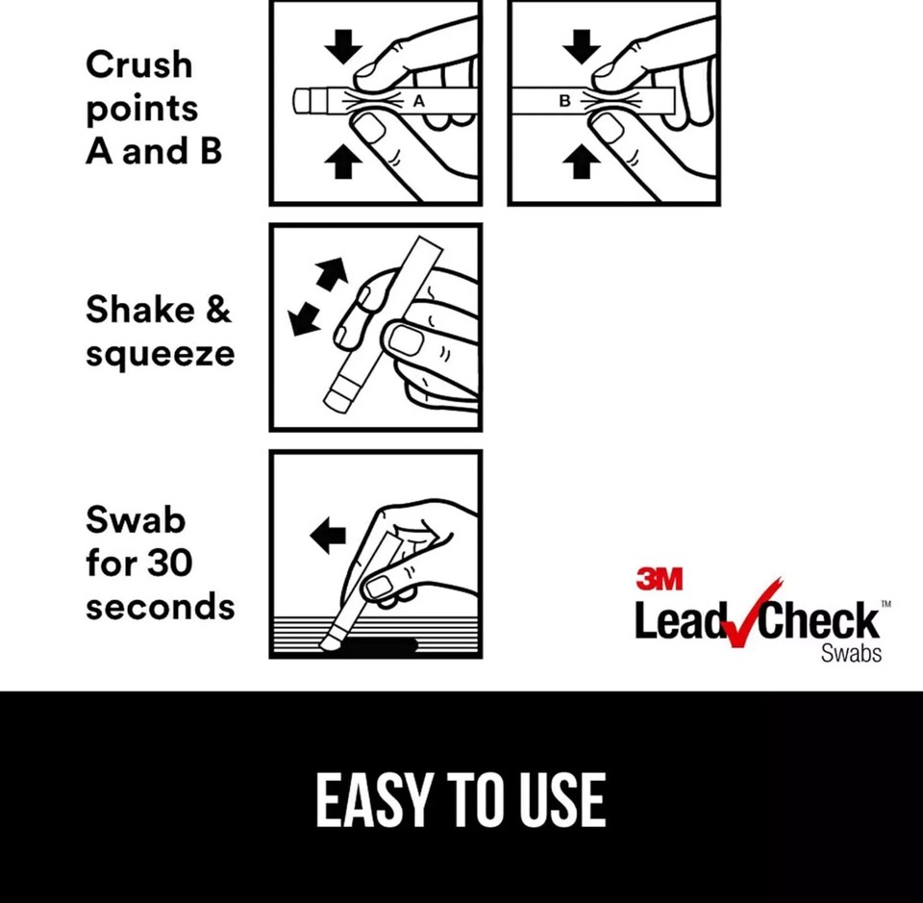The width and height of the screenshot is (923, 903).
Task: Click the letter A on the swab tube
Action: click(x=418, y=100)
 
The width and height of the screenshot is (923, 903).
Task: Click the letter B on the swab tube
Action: click(x=564, y=100)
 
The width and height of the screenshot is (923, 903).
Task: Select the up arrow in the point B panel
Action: click(x=582, y=164)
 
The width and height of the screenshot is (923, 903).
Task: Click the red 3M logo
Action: click(x=659, y=578)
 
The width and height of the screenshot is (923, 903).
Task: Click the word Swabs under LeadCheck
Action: click(x=851, y=654)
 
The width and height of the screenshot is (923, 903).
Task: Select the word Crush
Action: click(x=139, y=65)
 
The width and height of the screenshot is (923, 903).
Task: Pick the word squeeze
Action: click(x=160, y=355)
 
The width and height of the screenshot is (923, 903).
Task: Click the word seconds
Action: click(x=160, y=607)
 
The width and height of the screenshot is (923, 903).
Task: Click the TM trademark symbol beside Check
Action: click(x=886, y=604)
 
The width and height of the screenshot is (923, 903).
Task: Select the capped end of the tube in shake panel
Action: click(x=340, y=395)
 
